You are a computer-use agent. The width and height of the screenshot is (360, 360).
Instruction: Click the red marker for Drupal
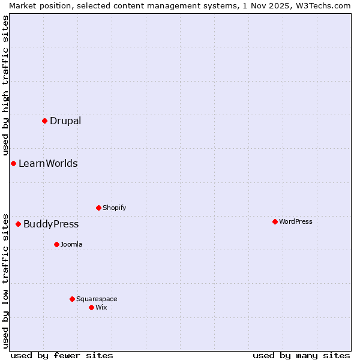44,121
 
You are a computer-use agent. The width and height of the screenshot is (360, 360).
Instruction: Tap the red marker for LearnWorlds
13,163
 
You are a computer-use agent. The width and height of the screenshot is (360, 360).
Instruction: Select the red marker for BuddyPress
18,224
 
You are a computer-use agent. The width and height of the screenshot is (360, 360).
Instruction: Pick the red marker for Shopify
98,208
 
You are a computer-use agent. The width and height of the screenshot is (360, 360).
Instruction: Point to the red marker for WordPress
275,221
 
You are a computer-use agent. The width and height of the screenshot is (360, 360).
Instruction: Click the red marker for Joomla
56,244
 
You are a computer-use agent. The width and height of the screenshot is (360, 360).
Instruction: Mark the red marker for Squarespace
72,299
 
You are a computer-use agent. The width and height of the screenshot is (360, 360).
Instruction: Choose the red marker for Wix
91,307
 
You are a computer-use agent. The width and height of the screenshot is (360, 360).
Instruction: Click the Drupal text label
65,121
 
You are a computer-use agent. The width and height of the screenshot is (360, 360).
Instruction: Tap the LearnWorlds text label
48,163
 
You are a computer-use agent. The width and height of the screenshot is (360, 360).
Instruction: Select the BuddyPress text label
51,224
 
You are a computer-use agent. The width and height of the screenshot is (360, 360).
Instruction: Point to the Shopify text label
114,208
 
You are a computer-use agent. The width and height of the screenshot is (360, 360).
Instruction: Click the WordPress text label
295,221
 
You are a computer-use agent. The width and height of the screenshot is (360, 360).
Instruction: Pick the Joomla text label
71,244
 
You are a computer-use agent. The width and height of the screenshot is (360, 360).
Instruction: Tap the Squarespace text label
97,299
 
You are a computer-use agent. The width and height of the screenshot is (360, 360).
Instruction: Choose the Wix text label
101,307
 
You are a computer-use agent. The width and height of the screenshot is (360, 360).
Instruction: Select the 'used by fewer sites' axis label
62,355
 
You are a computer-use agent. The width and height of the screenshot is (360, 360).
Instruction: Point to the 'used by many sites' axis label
301,355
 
